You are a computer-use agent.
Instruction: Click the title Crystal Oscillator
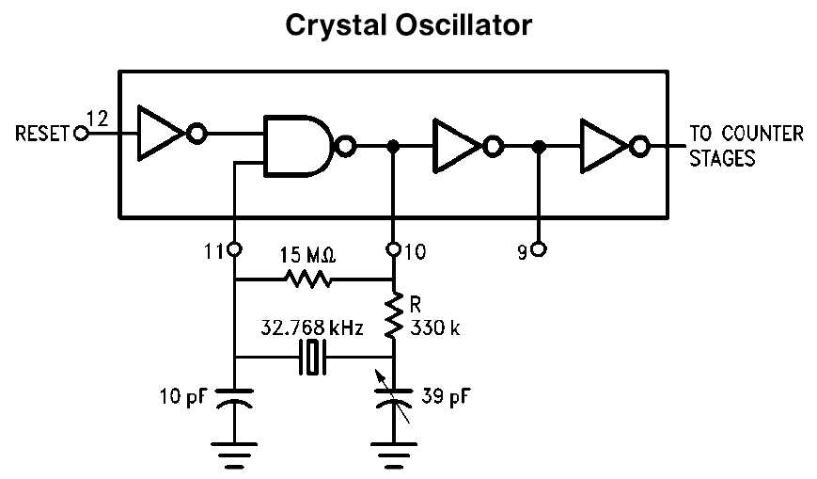(x=408, y=25)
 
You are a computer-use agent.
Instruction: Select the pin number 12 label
(x=96, y=119)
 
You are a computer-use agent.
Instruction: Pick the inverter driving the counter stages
(x=605, y=146)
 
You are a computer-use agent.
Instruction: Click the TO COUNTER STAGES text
(x=746, y=146)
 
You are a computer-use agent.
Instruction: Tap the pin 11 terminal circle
(x=234, y=250)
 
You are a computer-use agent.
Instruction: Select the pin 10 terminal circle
(x=394, y=250)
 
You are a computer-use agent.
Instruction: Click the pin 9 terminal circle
(x=539, y=250)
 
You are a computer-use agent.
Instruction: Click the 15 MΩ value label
(x=308, y=254)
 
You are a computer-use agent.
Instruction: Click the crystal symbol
(x=312, y=358)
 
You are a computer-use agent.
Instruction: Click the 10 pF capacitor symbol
(x=234, y=402)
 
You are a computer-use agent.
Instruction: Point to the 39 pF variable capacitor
(x=394, y=400)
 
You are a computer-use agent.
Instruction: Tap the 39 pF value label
(x=442, y=395)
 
